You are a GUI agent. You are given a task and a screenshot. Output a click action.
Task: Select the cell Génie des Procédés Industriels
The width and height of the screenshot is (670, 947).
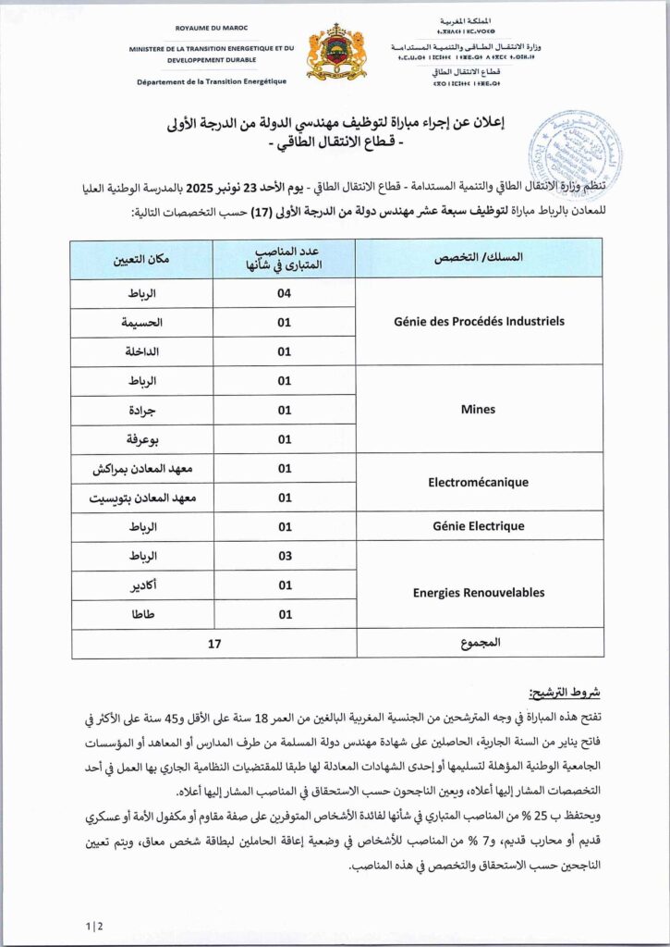479,322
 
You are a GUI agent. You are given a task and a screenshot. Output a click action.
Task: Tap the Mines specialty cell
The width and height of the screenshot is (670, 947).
479,409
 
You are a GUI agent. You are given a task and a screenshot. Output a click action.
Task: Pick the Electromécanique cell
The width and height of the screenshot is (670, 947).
479,482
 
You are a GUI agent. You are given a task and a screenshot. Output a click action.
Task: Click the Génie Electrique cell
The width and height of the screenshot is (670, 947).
479,526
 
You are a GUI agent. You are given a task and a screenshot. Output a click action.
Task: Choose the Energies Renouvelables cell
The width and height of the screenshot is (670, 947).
479,593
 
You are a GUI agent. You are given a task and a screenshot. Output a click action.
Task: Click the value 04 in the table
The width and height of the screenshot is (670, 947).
284,293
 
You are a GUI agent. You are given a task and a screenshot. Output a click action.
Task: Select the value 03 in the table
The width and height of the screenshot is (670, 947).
284,556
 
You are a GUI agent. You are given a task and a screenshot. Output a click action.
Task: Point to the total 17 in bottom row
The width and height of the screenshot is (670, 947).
214,644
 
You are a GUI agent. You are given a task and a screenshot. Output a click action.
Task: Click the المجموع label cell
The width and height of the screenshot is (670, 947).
479,644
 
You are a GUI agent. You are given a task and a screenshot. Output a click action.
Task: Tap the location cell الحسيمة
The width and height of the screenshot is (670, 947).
142,323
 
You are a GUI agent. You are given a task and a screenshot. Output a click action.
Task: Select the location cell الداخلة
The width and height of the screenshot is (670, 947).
142,351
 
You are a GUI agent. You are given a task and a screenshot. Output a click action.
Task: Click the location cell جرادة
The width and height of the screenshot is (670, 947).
142,410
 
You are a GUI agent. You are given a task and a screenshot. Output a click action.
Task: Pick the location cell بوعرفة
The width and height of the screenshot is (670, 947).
142,439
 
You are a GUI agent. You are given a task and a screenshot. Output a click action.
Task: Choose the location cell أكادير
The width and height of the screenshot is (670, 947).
142,584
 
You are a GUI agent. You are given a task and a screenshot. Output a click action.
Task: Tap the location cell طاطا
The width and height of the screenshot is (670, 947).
142,614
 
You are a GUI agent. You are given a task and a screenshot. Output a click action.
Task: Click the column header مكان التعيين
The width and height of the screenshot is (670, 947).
142,259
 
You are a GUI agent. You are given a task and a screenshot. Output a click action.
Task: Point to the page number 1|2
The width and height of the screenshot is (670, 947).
93,925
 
